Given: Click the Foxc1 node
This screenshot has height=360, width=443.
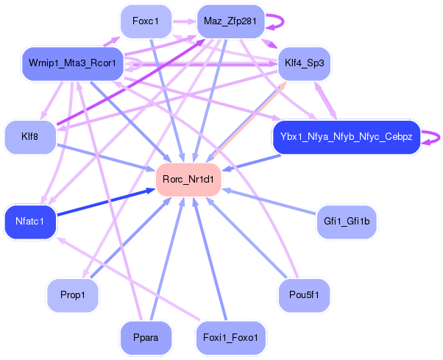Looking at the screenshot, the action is pos(146,21).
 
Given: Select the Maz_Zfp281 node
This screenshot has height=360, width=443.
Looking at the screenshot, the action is pos(230,21).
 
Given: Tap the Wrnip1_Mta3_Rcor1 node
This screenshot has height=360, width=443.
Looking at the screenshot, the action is pos(73,63).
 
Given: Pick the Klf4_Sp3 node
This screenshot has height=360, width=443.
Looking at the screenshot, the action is pos(304,63).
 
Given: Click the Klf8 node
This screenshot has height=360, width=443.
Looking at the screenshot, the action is pos(30,137).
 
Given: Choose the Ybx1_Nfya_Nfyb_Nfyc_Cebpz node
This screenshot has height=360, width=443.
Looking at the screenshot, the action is pos(347,137).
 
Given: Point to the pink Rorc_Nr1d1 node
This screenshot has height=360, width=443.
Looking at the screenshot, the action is pos(188,180).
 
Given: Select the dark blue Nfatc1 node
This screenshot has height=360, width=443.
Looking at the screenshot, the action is pos(30,222).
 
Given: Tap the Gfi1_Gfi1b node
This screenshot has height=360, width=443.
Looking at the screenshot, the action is pos(347,222).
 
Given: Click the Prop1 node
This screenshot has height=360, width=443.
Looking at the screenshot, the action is pos(73,295).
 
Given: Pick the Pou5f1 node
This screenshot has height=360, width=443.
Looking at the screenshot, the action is pos(304,295).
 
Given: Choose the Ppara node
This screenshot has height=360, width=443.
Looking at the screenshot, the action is pos(146,338).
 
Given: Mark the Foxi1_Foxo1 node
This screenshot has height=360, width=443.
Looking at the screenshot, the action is pos(230,338).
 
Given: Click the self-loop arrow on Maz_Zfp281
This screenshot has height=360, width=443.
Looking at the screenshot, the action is pos(283,21).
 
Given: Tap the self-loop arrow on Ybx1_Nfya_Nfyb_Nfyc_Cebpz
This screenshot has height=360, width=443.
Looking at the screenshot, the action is pos(439,138).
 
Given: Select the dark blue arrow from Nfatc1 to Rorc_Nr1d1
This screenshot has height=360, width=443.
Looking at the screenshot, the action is pos(106,202).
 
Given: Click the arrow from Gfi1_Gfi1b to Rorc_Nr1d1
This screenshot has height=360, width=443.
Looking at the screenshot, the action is pos(269,202).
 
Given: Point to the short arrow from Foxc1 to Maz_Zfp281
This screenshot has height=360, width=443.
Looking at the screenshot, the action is pos(185,21).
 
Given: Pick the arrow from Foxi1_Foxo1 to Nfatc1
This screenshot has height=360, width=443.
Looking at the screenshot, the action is pos(129,279).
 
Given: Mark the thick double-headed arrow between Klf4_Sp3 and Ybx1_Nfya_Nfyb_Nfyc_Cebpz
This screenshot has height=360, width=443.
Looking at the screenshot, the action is pos(325,101).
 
